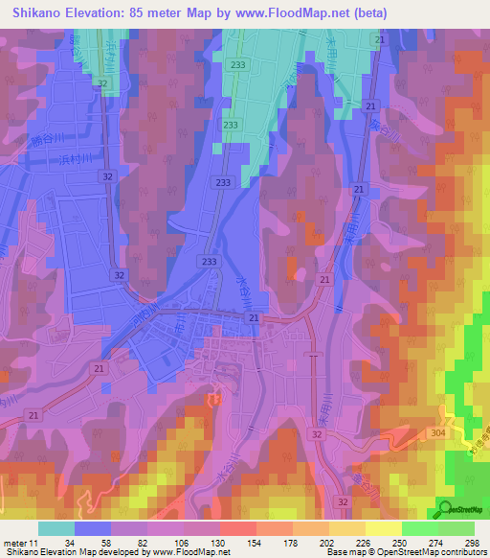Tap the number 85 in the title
161,12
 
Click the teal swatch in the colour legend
56,528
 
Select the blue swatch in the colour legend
93,528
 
